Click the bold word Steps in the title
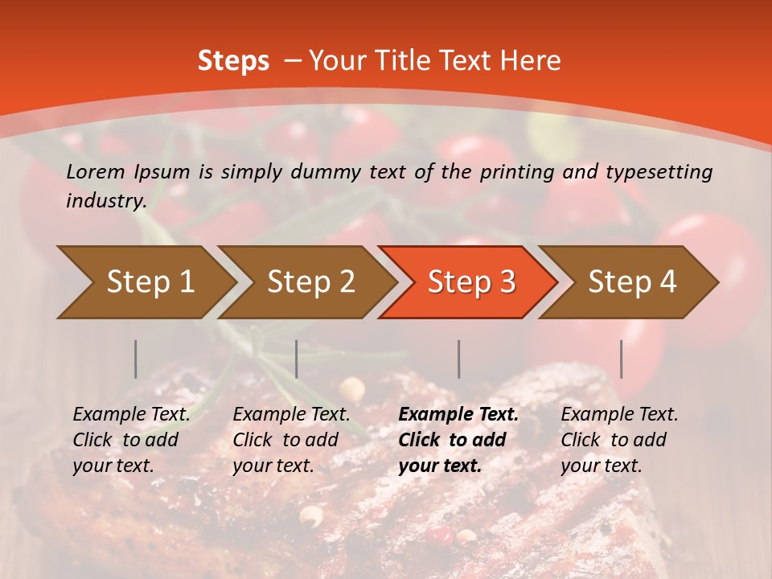233,61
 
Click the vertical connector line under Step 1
136,359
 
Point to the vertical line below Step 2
297,359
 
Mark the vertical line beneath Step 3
459,359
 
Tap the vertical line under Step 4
621,359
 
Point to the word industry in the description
105,201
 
